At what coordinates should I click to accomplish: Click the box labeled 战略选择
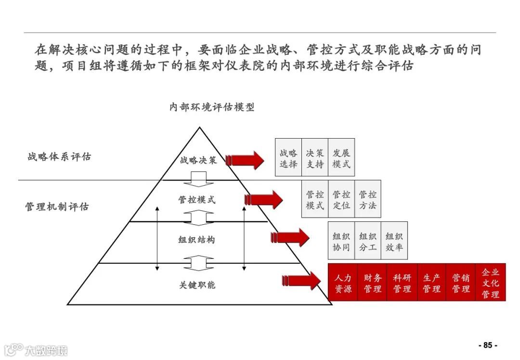click(x=288, y=157)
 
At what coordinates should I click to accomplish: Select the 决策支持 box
click(x=315, y=157)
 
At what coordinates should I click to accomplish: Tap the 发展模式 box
click(x=341, y=157)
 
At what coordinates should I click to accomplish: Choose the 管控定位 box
click(x=341, y=199)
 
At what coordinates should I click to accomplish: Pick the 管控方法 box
click(x=368, y=199)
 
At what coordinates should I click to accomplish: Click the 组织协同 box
click(x=341, y=241)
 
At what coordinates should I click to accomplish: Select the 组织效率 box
click(x=394, y=241)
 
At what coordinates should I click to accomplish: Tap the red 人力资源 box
click(x=343, y=283)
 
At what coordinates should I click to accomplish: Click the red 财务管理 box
click(x=372, y=283)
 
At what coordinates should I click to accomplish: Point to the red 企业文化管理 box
click(x=491, y=283)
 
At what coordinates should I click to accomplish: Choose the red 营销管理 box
click(x=461, y=283)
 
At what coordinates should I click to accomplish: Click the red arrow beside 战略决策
click(x=245, y=159)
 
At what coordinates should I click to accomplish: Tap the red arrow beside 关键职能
click(x=301, y=280)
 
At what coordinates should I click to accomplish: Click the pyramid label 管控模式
click(x=197, y=199)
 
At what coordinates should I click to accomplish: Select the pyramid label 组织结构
click(x=197, y=239)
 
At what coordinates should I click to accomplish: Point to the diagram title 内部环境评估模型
click(x=211, y=107)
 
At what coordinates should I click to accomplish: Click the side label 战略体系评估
click(x=59, y=157)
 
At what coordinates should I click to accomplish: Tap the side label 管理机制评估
click(x=57, y=207)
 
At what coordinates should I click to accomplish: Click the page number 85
click(x=487, y=345)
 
